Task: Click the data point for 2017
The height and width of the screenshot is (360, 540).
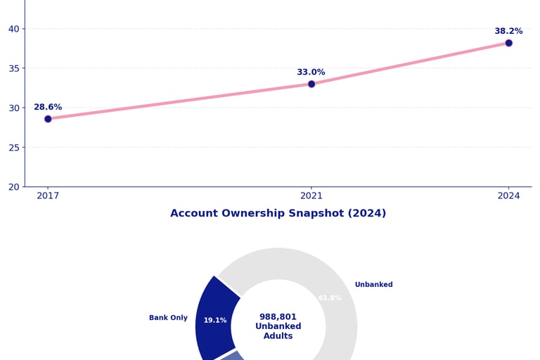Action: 48,119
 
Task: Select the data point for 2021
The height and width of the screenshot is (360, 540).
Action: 311,84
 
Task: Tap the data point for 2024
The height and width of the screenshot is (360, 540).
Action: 508,43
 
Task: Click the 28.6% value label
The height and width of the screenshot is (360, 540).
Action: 48,108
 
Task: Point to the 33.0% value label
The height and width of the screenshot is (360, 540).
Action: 311,72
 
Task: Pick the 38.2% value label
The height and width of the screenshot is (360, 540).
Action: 508,32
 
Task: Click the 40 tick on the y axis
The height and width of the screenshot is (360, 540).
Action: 13,29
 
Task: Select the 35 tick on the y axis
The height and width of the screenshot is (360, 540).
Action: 13,68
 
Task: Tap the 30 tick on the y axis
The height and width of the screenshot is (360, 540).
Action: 13,108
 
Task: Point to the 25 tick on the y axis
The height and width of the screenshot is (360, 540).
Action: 13,148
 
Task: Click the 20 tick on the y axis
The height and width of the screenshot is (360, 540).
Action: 13,187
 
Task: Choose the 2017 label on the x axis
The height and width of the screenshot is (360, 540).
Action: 48,196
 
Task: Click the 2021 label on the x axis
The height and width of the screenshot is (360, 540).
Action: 311,196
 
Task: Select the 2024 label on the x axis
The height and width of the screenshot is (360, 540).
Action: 508,196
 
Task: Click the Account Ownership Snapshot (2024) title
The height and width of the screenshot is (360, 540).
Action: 278,214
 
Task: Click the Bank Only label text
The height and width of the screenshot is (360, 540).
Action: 168,318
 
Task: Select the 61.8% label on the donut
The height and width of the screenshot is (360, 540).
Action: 330,298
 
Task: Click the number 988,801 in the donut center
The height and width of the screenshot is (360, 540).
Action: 278,317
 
